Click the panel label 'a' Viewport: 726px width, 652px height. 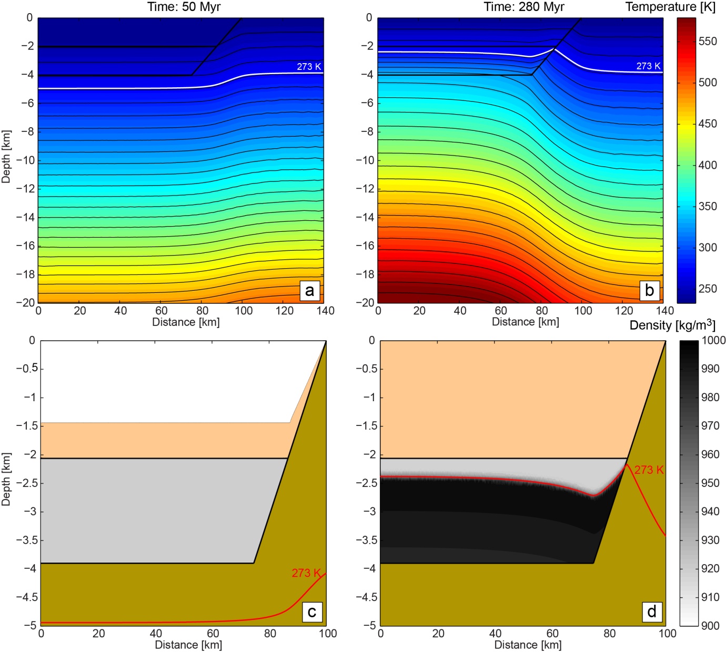(x=309, y=290)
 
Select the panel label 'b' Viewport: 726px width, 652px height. (x=649, y=290)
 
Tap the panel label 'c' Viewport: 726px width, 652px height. (x=312, y=612)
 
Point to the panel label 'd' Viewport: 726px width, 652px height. (x=652, y=612)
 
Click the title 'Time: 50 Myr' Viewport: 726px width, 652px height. (x=184, y=7)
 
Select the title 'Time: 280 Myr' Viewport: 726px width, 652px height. (x=524, y=7)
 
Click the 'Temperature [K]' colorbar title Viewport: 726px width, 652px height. (x=670, y=7)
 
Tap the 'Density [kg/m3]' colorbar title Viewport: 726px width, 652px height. (x=672, y=325)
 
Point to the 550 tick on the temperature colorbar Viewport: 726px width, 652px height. (x=708, y=42)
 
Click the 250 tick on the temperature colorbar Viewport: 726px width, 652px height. (x=708, y=289)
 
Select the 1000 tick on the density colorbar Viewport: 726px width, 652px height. (x=713, y=341)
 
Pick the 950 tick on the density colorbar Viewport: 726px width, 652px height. (x=710, y=483)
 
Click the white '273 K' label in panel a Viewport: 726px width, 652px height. (x=309, y=67)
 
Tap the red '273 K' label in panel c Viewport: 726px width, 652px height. (x=306, y=573)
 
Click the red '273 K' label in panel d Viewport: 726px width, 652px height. (x=649, y=470)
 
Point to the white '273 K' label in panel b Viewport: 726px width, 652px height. (x=648, y=66)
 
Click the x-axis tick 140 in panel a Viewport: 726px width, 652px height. (x=325, y=311)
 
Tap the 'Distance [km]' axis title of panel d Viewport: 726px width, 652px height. (x=528, y=645)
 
